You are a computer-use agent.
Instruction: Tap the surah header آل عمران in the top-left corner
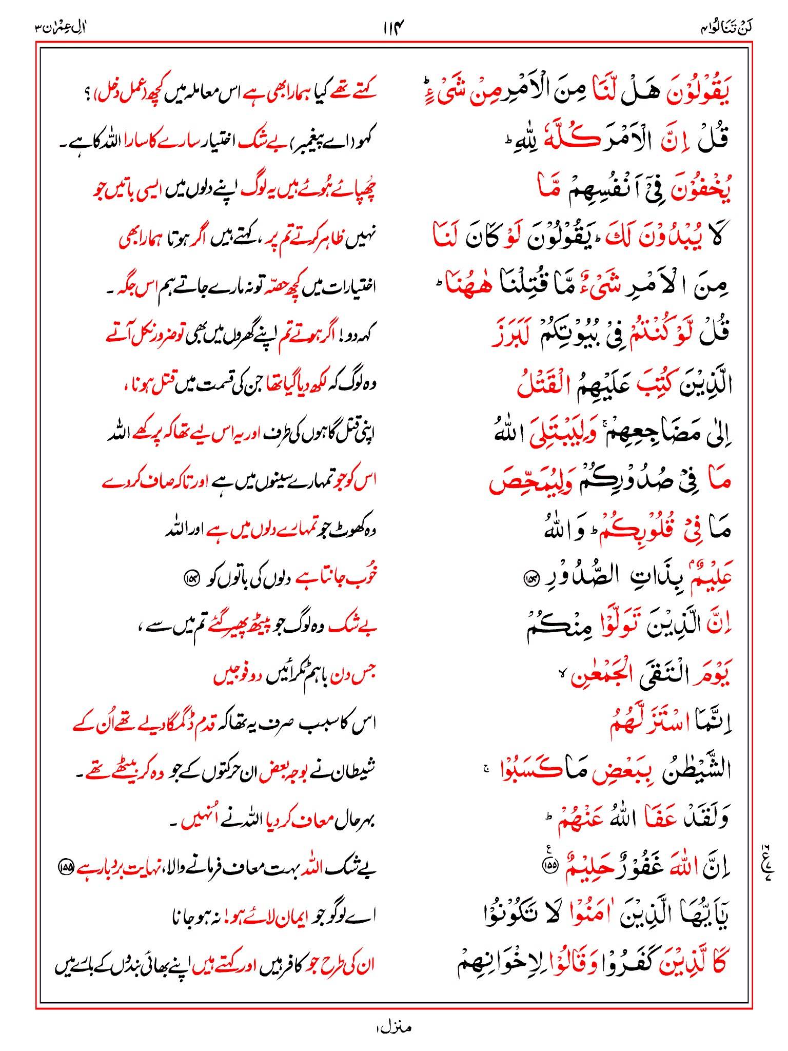61,27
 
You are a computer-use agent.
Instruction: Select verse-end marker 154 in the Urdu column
191,578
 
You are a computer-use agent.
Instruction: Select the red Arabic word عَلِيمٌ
711,575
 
